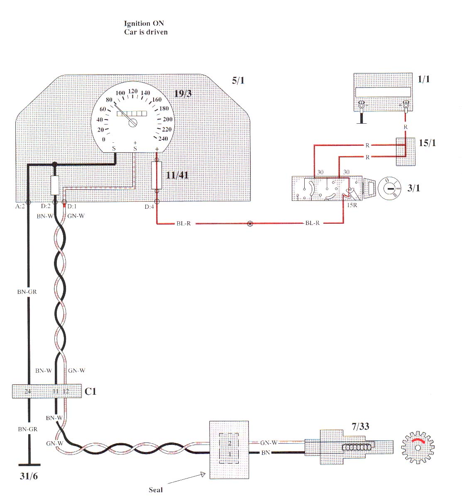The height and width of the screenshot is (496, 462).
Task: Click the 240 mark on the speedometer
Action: tap(163, 139)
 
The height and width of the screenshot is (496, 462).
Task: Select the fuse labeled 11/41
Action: tap(156, 176)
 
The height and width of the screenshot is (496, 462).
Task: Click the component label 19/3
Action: tap(183, 93)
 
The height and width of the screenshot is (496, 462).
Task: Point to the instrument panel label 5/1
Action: tap(238, 80)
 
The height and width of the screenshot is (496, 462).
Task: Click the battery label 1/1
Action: tap(424, 79)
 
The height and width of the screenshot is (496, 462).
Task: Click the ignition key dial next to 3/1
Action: tap(389, 188)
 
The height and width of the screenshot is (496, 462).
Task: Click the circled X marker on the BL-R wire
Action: tap(250, 223)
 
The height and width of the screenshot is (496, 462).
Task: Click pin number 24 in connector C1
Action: tap(27, 391)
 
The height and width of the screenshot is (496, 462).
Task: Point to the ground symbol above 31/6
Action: tap(28, 464)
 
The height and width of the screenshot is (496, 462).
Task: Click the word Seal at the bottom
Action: tap(156, 490)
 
